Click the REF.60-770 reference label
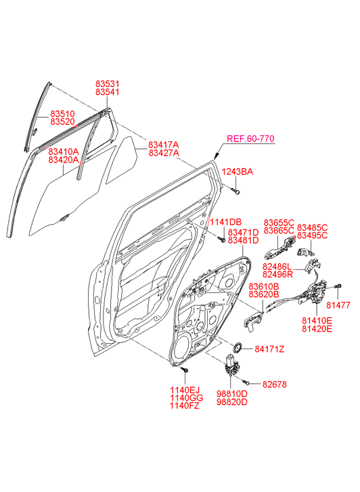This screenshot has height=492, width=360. (x=250, y=138)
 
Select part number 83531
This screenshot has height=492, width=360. (x=108, y=84)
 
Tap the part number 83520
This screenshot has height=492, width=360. (x=63, y=122)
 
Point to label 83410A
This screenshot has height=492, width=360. (x=64, y=152)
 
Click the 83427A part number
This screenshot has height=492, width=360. (x=164, y=153)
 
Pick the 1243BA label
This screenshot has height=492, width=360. (x=238, y=172)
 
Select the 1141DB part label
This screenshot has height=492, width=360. (x=225, y=222)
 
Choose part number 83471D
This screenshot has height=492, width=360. (x=243, y=233)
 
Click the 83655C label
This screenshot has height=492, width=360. (x=279, y=223)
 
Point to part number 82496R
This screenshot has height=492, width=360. (x=277, y=275)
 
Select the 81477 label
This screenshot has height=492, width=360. (x=338, y=305)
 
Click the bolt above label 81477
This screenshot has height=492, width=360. (x=338, y=286)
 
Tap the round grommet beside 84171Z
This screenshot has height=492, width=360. (x=237, y=348)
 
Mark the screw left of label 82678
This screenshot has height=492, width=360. (x=246, y=382)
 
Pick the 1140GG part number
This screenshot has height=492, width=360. (x=187, y=398)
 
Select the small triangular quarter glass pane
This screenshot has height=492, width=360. (x=122, y=160)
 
